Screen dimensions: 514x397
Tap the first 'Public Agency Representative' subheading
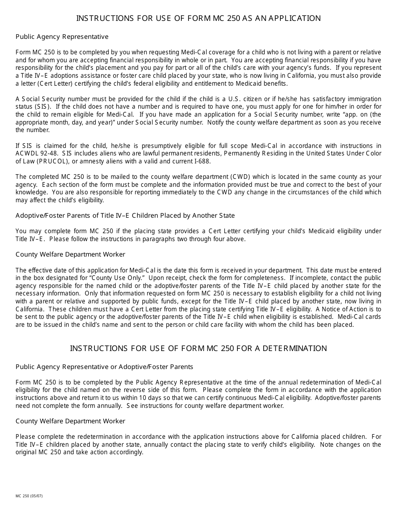(62, 37)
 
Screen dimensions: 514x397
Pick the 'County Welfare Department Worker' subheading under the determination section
(70, 421)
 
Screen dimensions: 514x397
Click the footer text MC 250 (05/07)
(29, 496)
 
